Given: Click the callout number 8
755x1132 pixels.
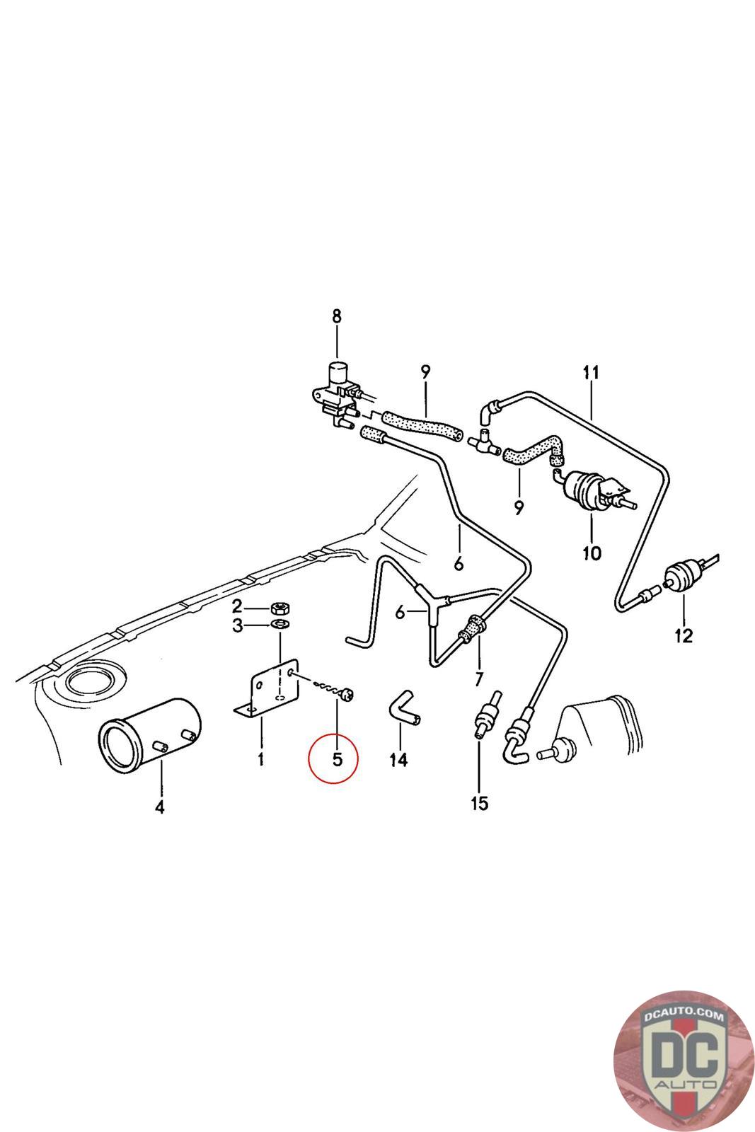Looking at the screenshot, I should pos(336,316).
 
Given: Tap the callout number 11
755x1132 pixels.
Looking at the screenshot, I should pos(591,372).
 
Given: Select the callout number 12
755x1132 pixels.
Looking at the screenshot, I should pos(684,636).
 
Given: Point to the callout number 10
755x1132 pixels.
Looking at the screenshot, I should pos(592,553).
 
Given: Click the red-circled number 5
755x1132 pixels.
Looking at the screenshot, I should pos(337,760).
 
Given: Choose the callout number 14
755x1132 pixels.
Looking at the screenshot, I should pos(398,760).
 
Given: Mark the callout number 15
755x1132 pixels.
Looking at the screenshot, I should pos(479,804).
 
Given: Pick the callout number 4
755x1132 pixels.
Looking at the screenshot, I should pos(159,807).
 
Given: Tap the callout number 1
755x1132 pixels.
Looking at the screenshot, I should pos(260,761).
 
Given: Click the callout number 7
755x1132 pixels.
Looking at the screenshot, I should pos(479,680).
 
